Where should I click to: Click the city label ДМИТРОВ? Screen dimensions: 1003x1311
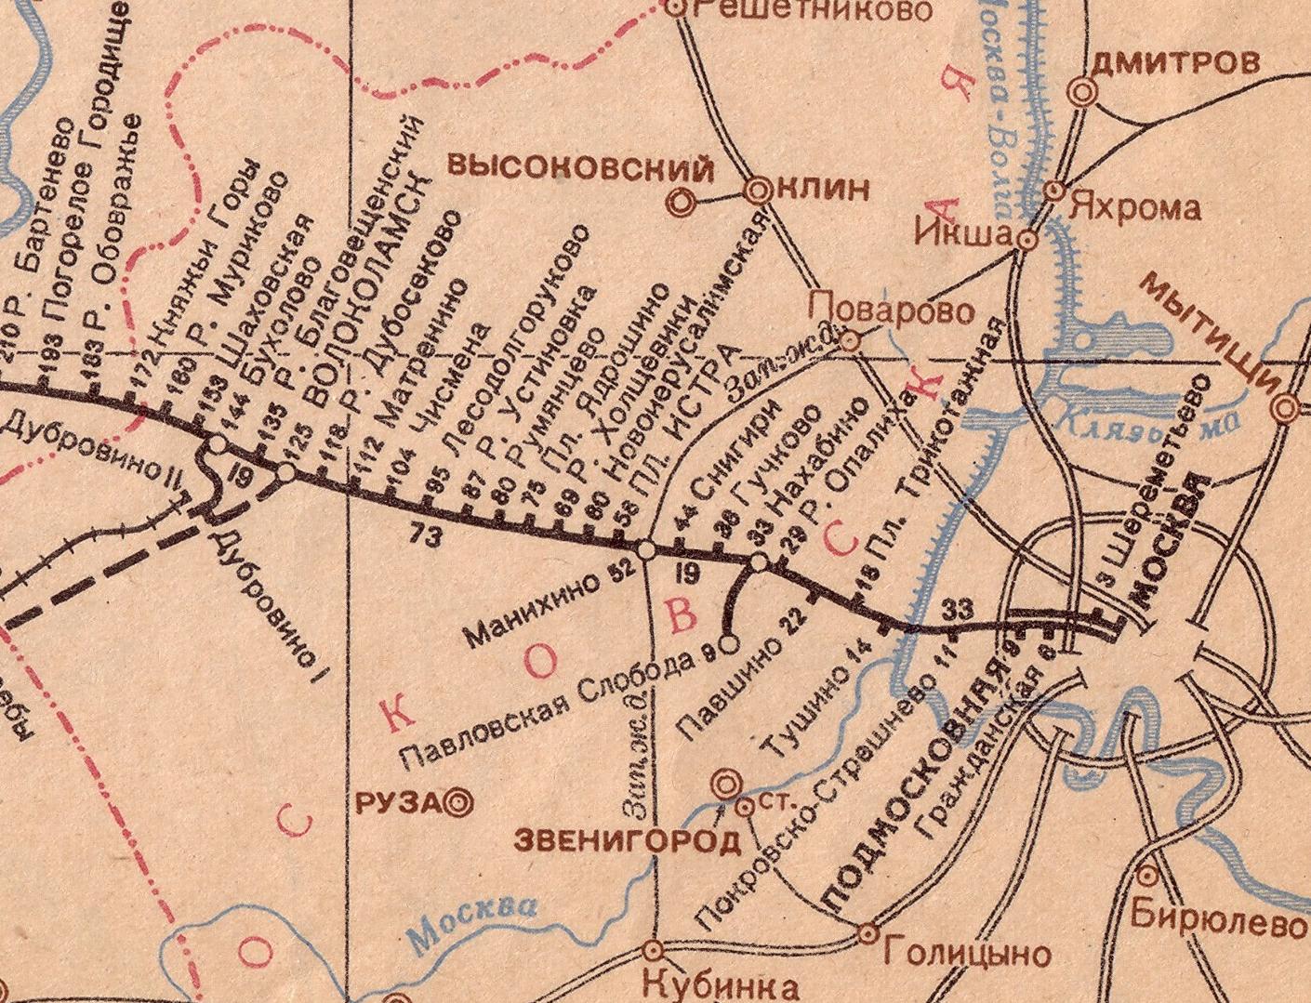pyautogui.click(x=1175, y=63)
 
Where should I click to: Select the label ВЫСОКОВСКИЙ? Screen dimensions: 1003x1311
pyautogui.click(x=582, y=168)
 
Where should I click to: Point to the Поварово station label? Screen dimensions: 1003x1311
pyautogui.click(x=893, y=309)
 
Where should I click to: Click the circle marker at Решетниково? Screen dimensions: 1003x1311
pyautogui.click(x=677, y=8)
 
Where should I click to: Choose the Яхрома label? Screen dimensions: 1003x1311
pyautogui.click(x=1134, y=207)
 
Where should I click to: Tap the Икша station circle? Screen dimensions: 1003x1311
pyautogui.click(x=1027, y=240)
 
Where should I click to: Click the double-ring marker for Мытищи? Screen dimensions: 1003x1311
pyautogui.click(x=1287, y=407)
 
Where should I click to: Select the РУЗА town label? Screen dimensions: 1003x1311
pyautogui.click(x=397, y=802)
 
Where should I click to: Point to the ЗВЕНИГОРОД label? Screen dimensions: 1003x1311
pyautogui.click(x=628, y=841)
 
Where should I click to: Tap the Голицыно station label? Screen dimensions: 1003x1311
pyautogui.click(x=967, y=953)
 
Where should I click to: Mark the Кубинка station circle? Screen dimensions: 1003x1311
pyautogui.click(x=653, y=949)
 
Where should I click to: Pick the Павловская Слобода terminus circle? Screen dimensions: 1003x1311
pyautogui.click(x=730, y=641)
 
